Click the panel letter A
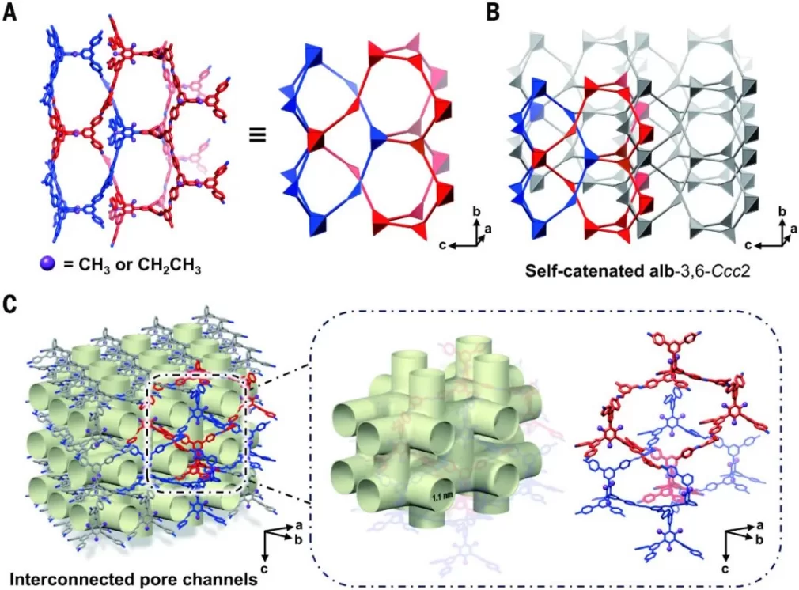[x=9, y=11]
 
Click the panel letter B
[x=492, y=11]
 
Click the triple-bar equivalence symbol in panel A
[x=258, y=135]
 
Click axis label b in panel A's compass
[x=476, y=210]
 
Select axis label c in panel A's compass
[x=442, y=245]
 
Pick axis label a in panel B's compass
[x=793, y=229]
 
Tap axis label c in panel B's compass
[x=748, y=245]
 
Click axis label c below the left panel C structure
[x=264, y=567]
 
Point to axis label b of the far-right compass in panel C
[x=759, y=540]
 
